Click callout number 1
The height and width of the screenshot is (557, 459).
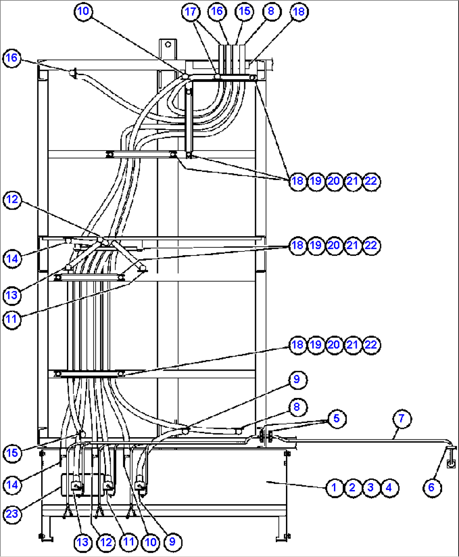click(334, 488)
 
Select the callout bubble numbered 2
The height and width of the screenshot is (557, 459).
click(352, 488)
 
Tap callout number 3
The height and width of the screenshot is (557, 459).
click(371, 488)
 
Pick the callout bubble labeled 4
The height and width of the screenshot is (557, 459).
click(389, 488)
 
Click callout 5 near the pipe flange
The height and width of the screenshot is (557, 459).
click(336, 419)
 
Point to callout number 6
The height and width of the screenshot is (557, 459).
click(431, 488)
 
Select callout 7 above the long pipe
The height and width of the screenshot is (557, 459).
click(401, 419)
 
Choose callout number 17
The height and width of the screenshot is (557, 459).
click(191, 11)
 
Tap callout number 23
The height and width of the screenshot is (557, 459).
click(12, 514)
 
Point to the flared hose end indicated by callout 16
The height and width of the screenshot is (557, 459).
click(73, 74)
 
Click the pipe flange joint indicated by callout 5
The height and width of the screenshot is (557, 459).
click(265, 436)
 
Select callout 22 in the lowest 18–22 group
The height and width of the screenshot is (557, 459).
click(371, 345)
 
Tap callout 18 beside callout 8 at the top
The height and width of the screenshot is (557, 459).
click(299, 11)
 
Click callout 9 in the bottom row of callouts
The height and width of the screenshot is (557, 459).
click(172, 542)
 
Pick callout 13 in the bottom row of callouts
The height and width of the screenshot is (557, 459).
click(83, 542)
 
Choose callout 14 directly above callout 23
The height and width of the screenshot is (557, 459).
click(12, 485)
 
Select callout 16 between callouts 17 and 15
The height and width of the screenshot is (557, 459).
click(217, 11)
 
